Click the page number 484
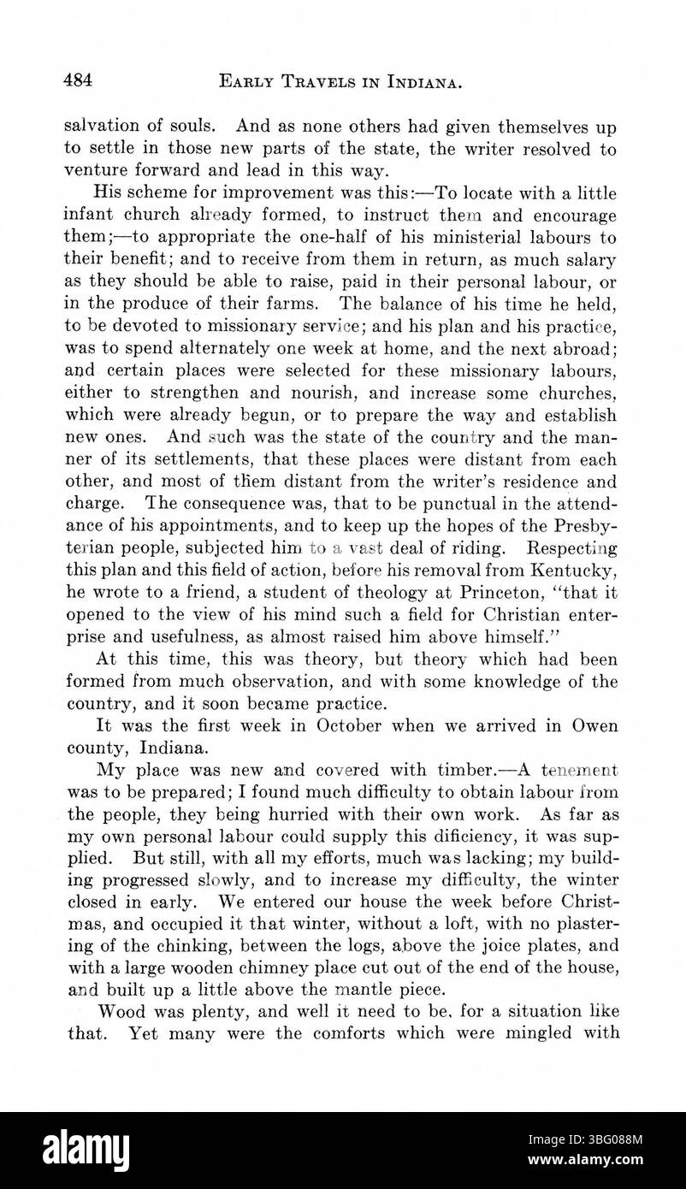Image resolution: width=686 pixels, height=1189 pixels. click(x=79, y=81)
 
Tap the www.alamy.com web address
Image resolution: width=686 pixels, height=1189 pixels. click(x=594, y=1166)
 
